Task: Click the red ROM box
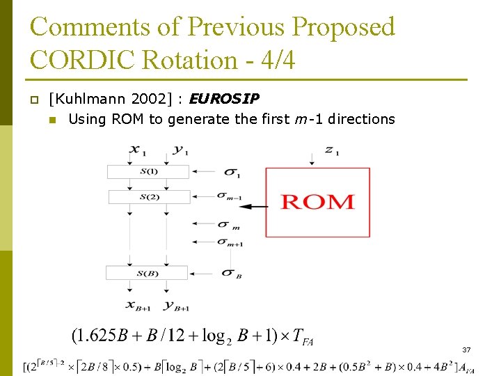317,202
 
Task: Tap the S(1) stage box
148,171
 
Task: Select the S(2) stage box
148,196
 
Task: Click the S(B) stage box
147,272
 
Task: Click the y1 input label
181,150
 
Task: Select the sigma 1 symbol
232,172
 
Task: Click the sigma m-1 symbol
229,197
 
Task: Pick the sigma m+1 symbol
230,242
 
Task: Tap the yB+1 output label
177,304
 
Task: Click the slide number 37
466,350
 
